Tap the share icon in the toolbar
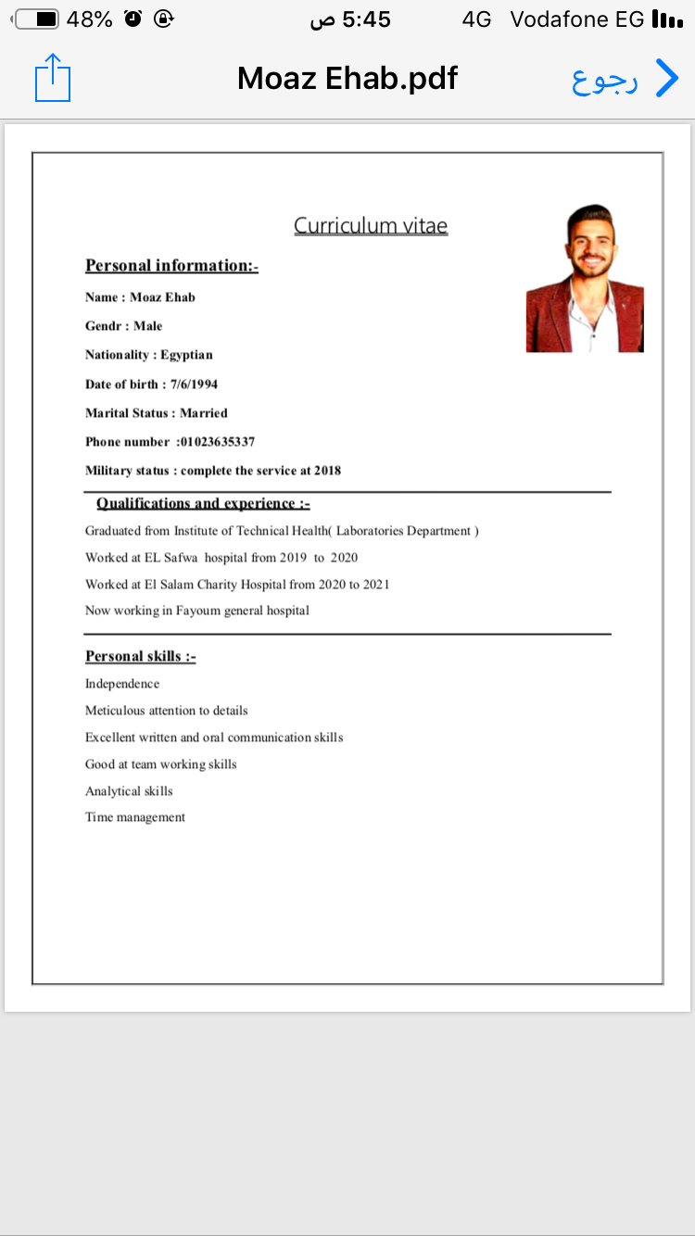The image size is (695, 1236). [53, 78]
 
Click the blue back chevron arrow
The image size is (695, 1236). [666, 79]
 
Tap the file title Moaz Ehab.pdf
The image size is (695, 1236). [347, 79]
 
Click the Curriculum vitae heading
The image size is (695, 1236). [371, 225]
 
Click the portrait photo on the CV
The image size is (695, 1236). [585, 279]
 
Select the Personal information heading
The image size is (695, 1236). [171, 266]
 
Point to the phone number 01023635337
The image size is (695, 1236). [217, 442]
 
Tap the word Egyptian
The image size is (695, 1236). [186, 355]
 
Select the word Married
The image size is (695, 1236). [204, 413]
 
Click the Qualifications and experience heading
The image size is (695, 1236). [203, 503]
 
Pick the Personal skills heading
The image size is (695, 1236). [141, 656]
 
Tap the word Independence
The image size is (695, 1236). [122, 684]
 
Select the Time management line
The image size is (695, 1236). [135, 817]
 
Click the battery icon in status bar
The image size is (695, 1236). [37, 19]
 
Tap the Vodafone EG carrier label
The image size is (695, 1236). [576, 19]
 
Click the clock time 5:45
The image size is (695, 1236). [366, 19]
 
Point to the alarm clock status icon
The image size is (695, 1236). [133, 19]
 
